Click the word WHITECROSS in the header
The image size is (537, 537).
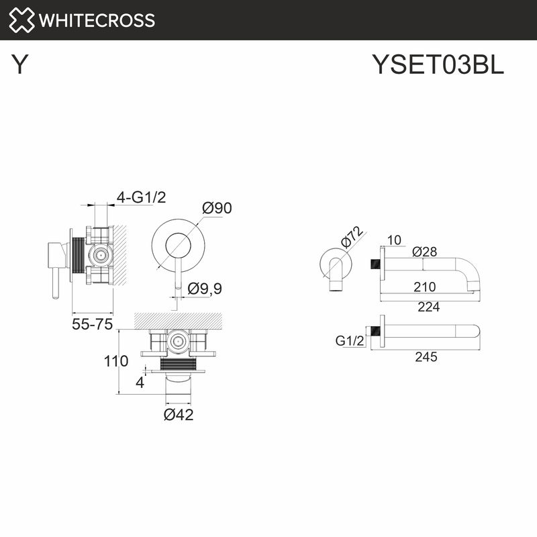(x=97, y=20)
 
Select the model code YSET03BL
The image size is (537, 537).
(x=437, y=65)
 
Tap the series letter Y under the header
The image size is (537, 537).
(x=21, y=65)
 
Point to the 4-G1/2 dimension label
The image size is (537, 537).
(x=141, y=197)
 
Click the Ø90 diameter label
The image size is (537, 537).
(x=217, y=208)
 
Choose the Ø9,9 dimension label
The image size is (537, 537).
(x=205, y=289)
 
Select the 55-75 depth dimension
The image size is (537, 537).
(x=91, y=325)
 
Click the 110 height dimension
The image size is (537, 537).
(x=115, y=361)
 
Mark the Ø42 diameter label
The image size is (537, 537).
(x=179, y=415)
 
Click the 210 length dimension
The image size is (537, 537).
(x=424, y=287)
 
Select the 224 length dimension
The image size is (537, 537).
(x=428, y=307)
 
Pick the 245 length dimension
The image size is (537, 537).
(x=426, y=357)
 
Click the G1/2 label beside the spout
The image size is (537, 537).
(x=350, y=341)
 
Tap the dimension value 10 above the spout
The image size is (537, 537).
(x=394, y=240)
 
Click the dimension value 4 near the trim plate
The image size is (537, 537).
(x=140, y=383)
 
